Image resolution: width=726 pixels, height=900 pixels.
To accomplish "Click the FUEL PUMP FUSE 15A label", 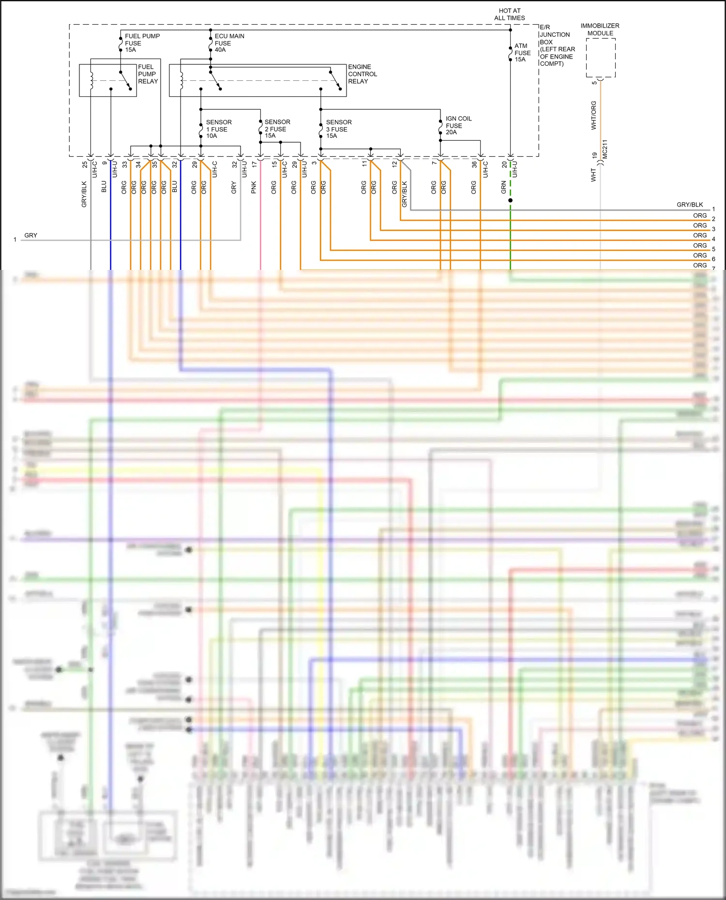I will tap(141, 43).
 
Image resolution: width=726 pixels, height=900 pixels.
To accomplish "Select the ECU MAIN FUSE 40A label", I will tap(229, 43).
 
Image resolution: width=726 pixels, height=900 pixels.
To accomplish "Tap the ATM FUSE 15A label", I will tap(522, 53).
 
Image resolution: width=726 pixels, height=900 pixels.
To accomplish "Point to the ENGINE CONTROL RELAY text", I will tap(362, 74).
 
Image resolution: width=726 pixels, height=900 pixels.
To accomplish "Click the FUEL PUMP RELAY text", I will tap(148, 74).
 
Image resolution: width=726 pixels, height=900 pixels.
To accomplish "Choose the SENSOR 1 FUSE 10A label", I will tap(218, 129).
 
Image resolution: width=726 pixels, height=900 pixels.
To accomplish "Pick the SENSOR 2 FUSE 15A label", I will tap(277, 129).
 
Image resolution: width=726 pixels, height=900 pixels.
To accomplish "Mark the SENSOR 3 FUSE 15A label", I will tap(338, 129).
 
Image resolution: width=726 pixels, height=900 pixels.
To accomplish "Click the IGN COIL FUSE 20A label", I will tap(458, 125).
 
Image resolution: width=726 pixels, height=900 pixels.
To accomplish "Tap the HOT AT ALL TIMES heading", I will tap(509, 14).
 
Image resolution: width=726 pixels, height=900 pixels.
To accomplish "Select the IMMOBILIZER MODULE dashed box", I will tap(600, 58).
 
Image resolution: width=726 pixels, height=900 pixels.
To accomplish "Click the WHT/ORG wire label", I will tap(594, 115).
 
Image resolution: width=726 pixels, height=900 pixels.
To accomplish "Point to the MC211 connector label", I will tap(605, 149).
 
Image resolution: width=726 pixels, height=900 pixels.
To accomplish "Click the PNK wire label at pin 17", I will tap(254, 188).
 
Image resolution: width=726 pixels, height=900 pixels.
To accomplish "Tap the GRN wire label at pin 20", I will tap(503, 187).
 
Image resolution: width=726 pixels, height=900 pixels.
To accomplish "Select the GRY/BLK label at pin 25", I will tap(84, 194).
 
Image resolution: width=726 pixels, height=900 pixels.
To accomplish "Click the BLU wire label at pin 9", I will tap(104, 187).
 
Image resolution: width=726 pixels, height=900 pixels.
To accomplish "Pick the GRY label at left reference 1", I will tap(30, 236).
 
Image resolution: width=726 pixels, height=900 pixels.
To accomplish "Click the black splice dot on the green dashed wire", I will tap(510, 200).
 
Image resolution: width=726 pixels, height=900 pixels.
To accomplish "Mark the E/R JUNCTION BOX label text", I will tap(557, 45).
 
